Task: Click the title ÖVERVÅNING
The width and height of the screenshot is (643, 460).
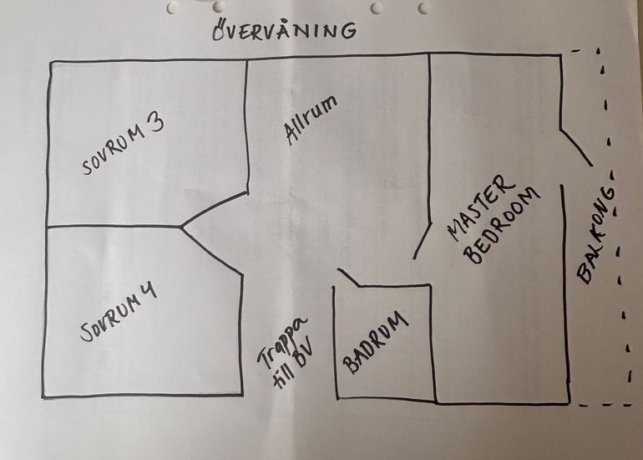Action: [x=284, y=29]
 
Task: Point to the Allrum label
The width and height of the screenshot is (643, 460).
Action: [x=311, y=120]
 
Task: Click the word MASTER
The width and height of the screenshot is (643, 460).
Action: [x=481, y=207]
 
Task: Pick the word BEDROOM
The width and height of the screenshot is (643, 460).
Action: [x=502, y=226]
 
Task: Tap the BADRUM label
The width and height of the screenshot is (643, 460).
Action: [x=375, y=343]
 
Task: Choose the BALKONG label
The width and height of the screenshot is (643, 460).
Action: [x=596, y=235]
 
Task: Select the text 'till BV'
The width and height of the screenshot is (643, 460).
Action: [x=293, y=365]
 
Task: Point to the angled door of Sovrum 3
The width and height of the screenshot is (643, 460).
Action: [x=214, y=209]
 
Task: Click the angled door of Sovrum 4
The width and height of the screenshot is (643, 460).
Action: [x=211, y=251]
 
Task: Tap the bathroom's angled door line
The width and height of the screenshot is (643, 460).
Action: [x=348, y=277]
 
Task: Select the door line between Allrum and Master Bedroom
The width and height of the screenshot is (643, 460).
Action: [x=422, y=241]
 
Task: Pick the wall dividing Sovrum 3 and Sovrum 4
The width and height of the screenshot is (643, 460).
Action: [x=114, y=226]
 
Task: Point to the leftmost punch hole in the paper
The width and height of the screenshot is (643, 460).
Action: [x=171, y=8]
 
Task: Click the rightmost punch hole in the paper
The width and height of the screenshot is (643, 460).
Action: [x=424, y=7]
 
